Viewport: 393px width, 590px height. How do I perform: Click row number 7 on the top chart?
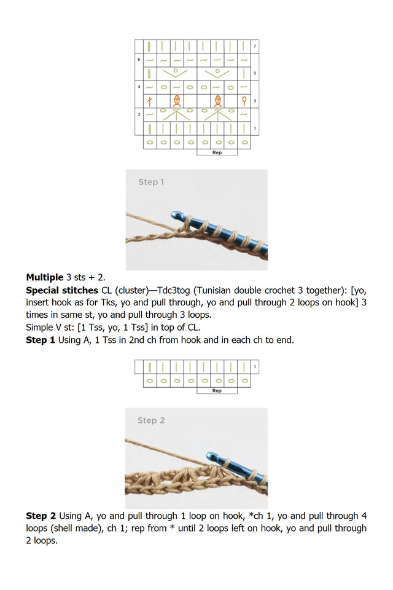pyautogui.click(x=255, y=47)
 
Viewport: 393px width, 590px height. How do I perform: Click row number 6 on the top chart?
pyautogui.click(x=139, y=60)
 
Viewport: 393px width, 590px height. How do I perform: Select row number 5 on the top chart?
pyautogui.click(x=255, y=73)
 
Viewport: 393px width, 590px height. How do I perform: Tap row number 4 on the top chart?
pyautogui.click(x=139, y=87)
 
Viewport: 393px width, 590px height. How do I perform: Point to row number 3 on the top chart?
pyautogui.click(x=255, y=100)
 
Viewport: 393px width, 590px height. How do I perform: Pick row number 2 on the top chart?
pyautogui.click(x=139, y=114)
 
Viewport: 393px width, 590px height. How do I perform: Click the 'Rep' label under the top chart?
pyautogui.click(x=217, y=152)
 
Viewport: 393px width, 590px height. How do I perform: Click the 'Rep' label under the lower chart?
pyautogui.click(x=217, y=391)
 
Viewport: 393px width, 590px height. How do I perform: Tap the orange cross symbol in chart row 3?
pyautogui.click(x=149, y=100)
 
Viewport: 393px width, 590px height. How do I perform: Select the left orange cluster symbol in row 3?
pyautogui.click(x=177, y=100)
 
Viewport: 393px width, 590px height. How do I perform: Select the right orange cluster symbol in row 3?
pyautogui.click(x=217, y=100)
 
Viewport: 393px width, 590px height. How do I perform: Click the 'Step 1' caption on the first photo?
pyautogui.click(x=151, y=182)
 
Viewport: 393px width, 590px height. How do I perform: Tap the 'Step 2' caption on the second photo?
pyautogui.click(x=151, y=420)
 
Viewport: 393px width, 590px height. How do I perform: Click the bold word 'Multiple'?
pyautogui.click(x=45, y=277)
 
